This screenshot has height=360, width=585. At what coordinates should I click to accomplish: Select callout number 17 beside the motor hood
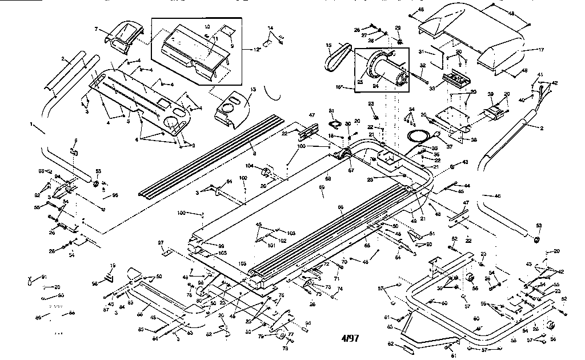(x=540, y=50)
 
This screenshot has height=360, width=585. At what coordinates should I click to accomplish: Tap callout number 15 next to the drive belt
(x=328, y=45)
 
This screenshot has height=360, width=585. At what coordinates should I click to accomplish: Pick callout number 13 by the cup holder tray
(x=254, y=90)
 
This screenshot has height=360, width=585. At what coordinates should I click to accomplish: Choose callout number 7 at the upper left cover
(x=97, y=29)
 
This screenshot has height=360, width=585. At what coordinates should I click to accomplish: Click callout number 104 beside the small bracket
(x=249, y=165)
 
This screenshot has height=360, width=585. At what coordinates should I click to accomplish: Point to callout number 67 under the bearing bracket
(x=351, y=170)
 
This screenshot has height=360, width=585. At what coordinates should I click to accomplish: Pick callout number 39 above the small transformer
(x=490, y=94)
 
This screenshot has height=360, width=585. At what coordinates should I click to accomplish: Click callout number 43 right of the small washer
(x=465, y=162)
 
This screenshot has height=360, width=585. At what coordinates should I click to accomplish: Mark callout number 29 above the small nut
(x=398, y=27)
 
